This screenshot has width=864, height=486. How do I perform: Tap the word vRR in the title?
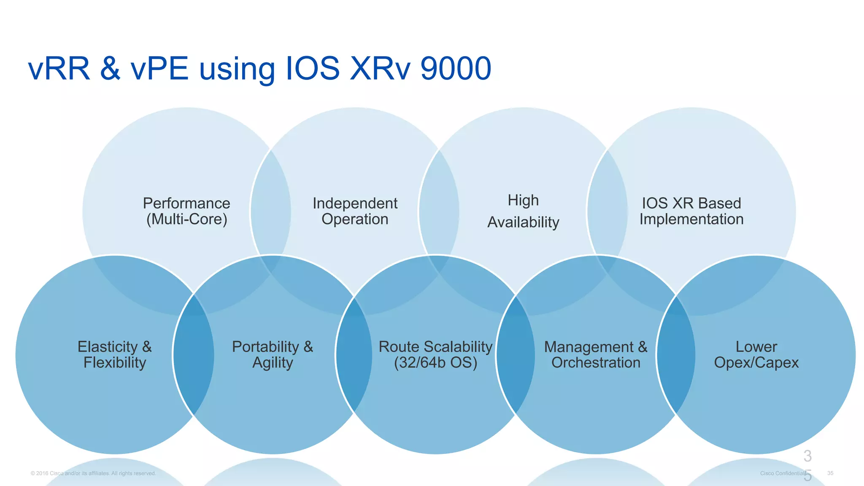coord(59,68)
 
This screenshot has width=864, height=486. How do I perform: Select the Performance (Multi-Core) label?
coord(186,211)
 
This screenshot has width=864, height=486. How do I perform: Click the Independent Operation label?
coord(355,211)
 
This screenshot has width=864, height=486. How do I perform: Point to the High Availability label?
coord(523,211)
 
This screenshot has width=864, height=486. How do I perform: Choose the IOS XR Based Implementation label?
coord(691,211)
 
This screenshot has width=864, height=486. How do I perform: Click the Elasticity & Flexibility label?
coord(114,355)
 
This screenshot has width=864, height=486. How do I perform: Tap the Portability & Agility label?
coord(273,355)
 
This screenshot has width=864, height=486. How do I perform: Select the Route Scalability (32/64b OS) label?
coord(435,355)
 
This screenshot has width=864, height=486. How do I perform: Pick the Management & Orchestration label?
coord(596,355)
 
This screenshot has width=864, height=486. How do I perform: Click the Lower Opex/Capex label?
coord(756,355)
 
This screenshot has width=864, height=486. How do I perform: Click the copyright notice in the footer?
coord(93,473)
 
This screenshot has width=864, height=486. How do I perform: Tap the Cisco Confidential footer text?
coord(781,473)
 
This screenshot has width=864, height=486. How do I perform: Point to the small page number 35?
coord(830,473)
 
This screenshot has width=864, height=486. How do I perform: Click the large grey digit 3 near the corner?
coord(807,456)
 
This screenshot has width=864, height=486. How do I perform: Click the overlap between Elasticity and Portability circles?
coord(194,355)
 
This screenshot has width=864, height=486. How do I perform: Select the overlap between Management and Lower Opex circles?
coord(676,355)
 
